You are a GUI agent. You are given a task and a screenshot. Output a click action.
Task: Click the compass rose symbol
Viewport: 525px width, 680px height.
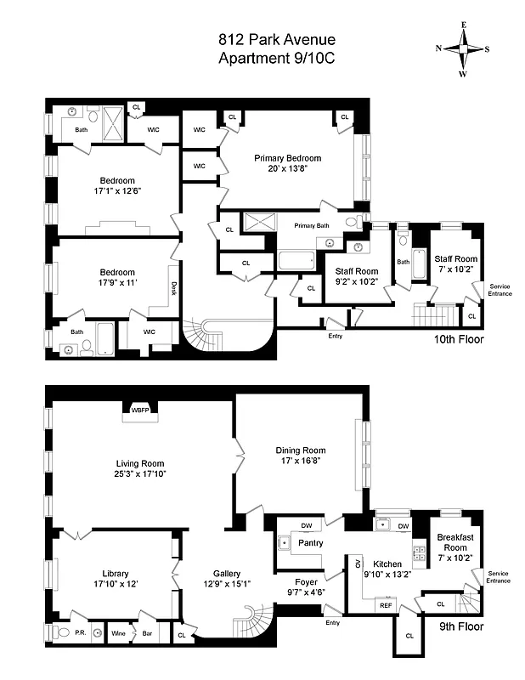point(463,48)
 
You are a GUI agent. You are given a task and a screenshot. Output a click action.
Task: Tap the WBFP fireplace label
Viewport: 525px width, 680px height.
point(139,410)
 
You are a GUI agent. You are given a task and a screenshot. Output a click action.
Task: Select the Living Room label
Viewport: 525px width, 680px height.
point(139,463)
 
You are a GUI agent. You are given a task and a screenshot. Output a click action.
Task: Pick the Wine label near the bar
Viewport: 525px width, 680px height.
point(119,632)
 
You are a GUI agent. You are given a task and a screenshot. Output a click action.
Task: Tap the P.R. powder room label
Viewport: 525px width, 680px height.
point(82,632)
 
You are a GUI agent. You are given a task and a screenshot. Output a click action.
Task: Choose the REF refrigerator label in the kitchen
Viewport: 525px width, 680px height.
point(386,605)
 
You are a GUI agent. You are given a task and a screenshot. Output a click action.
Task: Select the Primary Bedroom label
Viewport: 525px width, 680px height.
point(287,158)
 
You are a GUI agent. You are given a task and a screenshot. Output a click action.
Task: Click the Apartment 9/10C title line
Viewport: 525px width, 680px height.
point(264,59)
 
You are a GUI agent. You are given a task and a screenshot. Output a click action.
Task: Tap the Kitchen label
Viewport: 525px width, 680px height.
point(387,564)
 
